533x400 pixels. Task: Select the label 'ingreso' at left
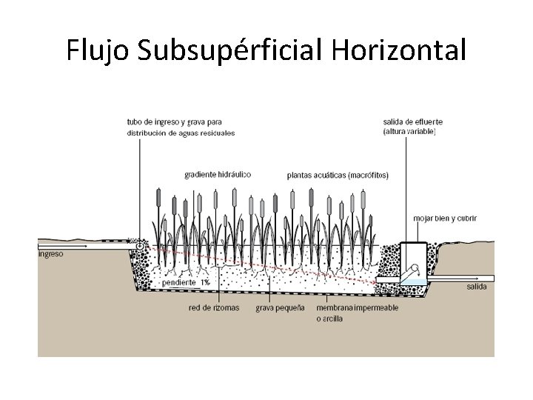click(51, 254)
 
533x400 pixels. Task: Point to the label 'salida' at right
click(476, 286)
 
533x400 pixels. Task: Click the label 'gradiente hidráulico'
click(218, 175)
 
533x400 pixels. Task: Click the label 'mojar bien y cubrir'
click(444, 219)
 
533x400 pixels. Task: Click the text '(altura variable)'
click(409, 132)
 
